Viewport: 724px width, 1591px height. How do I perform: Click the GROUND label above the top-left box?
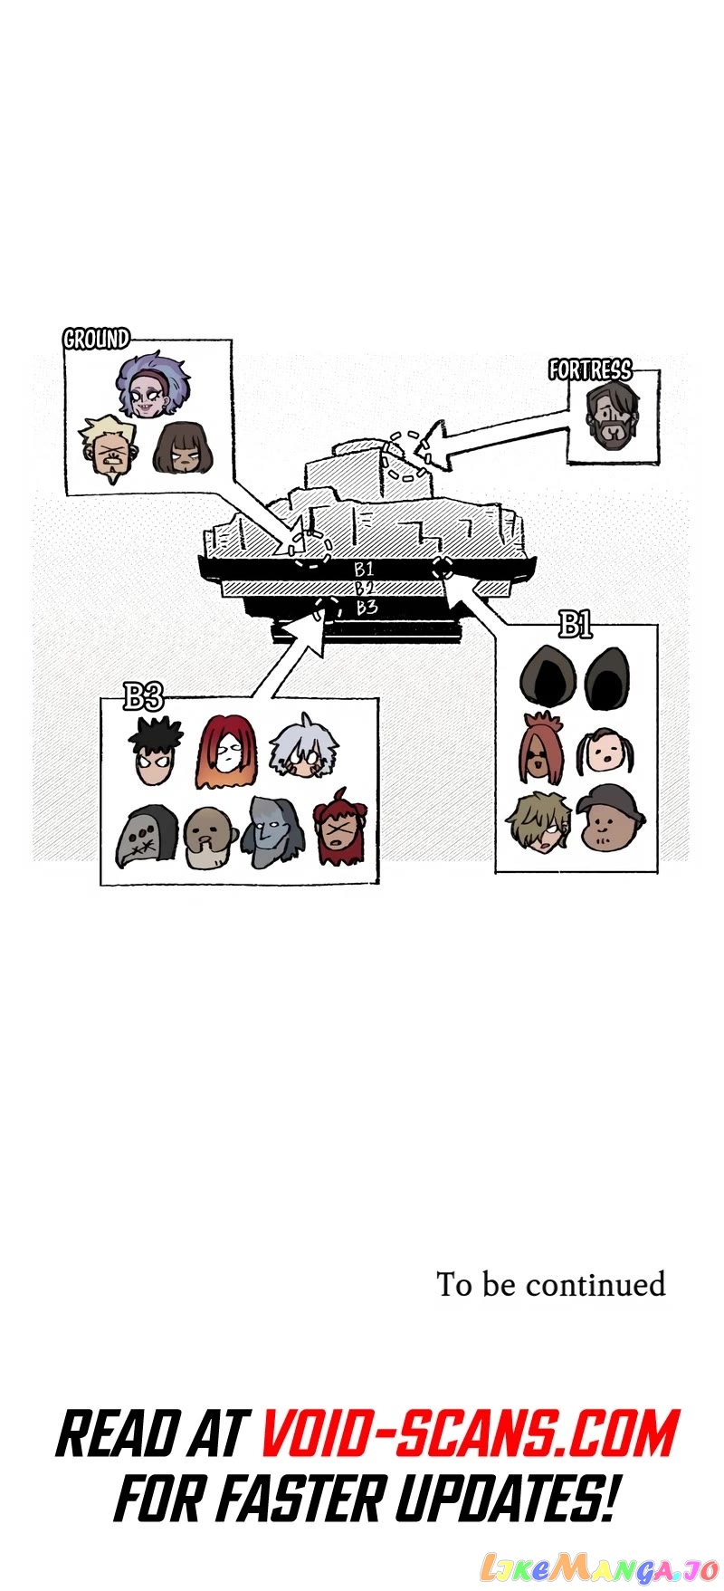pyautogui.click(x=96, y=339)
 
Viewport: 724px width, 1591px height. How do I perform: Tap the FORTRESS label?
pyautogui.click(x=590, y=369)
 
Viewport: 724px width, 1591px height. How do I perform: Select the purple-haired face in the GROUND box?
pyautogui.click(x=154, y=384)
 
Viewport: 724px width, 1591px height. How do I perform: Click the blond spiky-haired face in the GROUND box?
pyautogui.click(x=109, y=448)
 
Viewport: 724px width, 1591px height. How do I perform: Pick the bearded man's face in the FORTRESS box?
pyautogui.click(x=613, y=416)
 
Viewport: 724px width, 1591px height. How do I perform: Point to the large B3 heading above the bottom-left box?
pyautogui.click(x=143, y=696)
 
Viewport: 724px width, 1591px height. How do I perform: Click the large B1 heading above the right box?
pyautogui.click(x=575, y=624)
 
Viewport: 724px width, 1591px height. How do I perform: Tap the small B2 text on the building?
pyautogui.click(x=364, y=589)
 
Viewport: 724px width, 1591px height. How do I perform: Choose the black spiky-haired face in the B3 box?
pyautogui.click(x=155, y=751)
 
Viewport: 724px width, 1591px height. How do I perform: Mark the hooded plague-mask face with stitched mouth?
pyautogui.click(x=146, y=836)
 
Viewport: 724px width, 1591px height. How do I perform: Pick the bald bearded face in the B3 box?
pyautogui.click(x=210, y=838)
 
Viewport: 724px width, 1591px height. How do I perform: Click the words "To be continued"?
pyautogui.click(x=551, y=1284)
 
